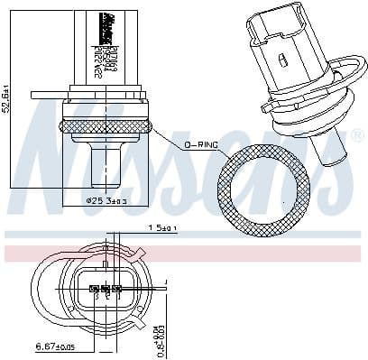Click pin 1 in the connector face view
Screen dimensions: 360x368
[93, 291]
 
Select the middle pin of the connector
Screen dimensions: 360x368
[105, 291]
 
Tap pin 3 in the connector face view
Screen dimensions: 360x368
[116, 291]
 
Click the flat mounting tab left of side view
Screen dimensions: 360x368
[45, 93]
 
